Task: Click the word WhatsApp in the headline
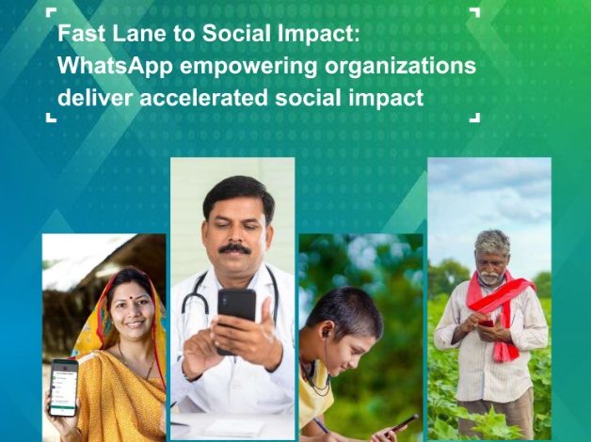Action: [116, 66]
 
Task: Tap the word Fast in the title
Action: [82, 34]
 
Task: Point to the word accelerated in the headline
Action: [203, 98]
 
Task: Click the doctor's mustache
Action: [234, 249]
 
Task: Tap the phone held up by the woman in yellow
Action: [64, 387]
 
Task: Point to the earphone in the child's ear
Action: [324, 333]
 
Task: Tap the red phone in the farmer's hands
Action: [486, 324]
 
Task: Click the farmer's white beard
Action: [489, 278]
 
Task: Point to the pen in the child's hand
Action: [320, 425]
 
